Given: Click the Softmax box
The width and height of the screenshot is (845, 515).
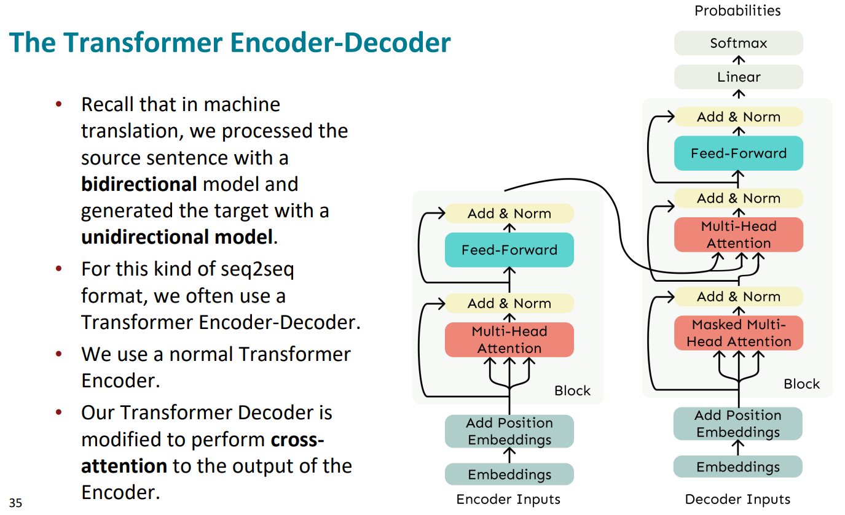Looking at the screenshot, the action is (x=738, y=43).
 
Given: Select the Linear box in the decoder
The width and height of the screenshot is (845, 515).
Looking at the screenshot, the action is (x=738, y=77).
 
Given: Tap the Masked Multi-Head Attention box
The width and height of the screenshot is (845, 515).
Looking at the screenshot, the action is (x=738, y=333).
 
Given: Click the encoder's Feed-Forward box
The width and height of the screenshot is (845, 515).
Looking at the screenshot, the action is (x=509, y=250).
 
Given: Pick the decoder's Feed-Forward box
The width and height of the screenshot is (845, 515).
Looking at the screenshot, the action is (x=738, y=153).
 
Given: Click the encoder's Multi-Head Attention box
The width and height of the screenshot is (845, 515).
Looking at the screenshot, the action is (x=509, y=340).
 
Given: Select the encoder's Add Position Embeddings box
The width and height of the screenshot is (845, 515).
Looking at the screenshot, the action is (x=509, y=432).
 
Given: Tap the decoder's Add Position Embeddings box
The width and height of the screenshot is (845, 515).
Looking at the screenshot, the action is (x=738, y=424).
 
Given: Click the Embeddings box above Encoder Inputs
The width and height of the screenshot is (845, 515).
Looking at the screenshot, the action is (x=509, y=474).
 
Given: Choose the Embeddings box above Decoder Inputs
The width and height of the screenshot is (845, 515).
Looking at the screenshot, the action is (x=738, y=467).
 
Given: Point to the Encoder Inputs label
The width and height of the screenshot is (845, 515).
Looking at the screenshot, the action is (x=508, y=500).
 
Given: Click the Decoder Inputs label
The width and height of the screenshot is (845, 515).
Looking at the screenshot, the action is (x=737, y=500).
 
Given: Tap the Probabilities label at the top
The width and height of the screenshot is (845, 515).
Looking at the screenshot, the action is (x=737, y=10).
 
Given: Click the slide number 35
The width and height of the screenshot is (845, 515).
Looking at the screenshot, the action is (x=15, y=503).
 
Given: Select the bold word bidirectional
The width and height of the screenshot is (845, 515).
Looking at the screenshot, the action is (x=139, y=184).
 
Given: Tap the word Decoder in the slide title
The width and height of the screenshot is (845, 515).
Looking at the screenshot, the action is (x=397, y=42).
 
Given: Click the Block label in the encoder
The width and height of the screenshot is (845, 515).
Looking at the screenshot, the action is (x=572, y=390).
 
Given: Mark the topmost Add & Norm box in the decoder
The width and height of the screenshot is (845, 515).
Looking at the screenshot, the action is (x=738, y=117).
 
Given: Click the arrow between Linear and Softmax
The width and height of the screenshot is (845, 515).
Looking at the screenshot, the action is (x=739, y=60).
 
